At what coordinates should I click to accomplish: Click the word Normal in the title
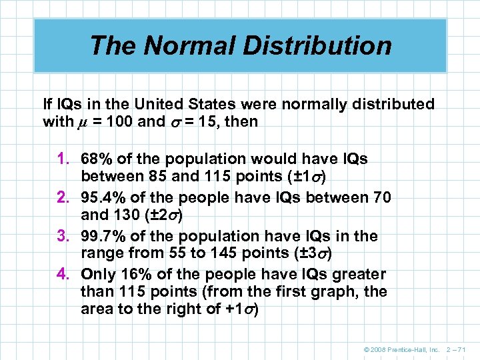[x=175, y=45]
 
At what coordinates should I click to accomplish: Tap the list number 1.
[x=67, y=160]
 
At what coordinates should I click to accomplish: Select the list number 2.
[x=67, y=198]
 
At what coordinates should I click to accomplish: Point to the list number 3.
[x=67, y=236]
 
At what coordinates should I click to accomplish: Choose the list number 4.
[x=67, y=274]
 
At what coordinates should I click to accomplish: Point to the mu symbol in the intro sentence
[x=83, y=123]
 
